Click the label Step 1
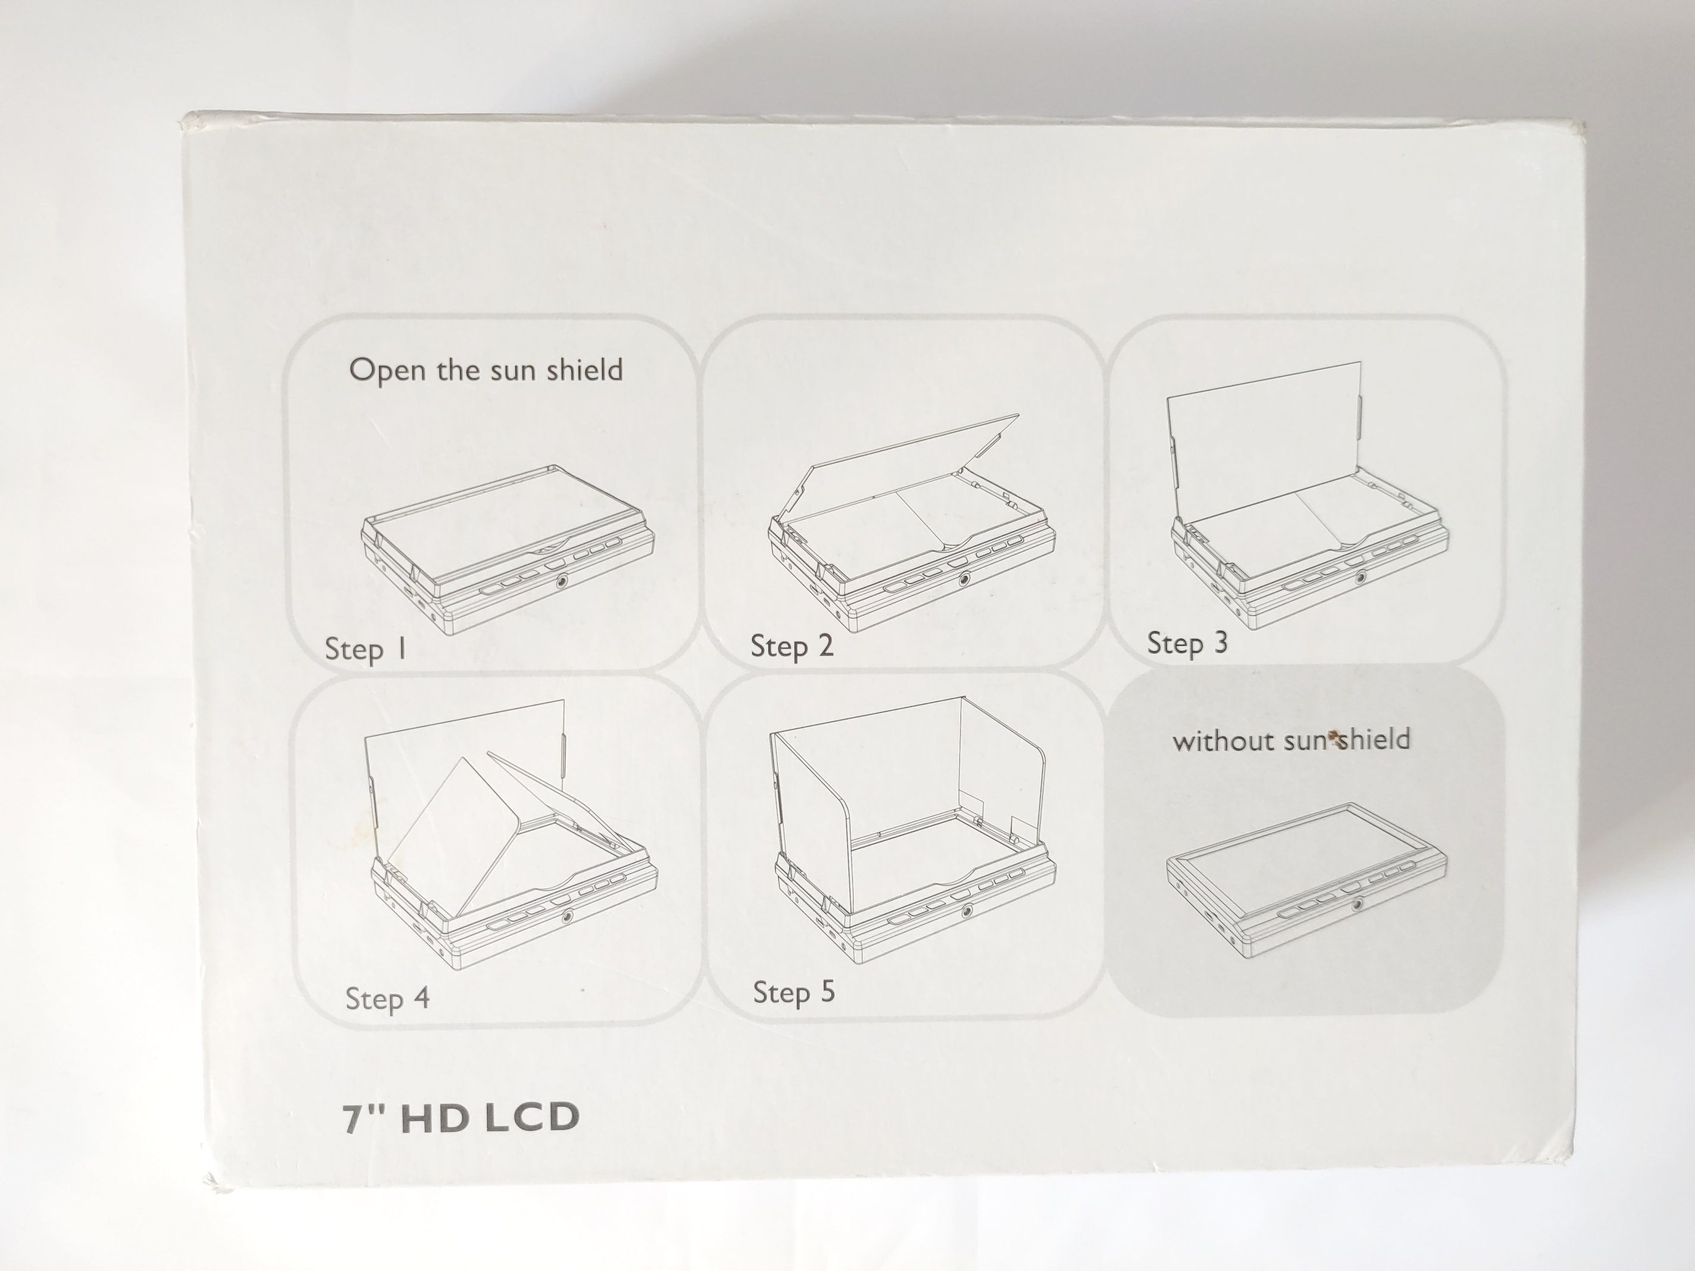(x=365, y=650)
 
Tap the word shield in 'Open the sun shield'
(x=584, y=370)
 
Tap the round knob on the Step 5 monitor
(x=968, y=911)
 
